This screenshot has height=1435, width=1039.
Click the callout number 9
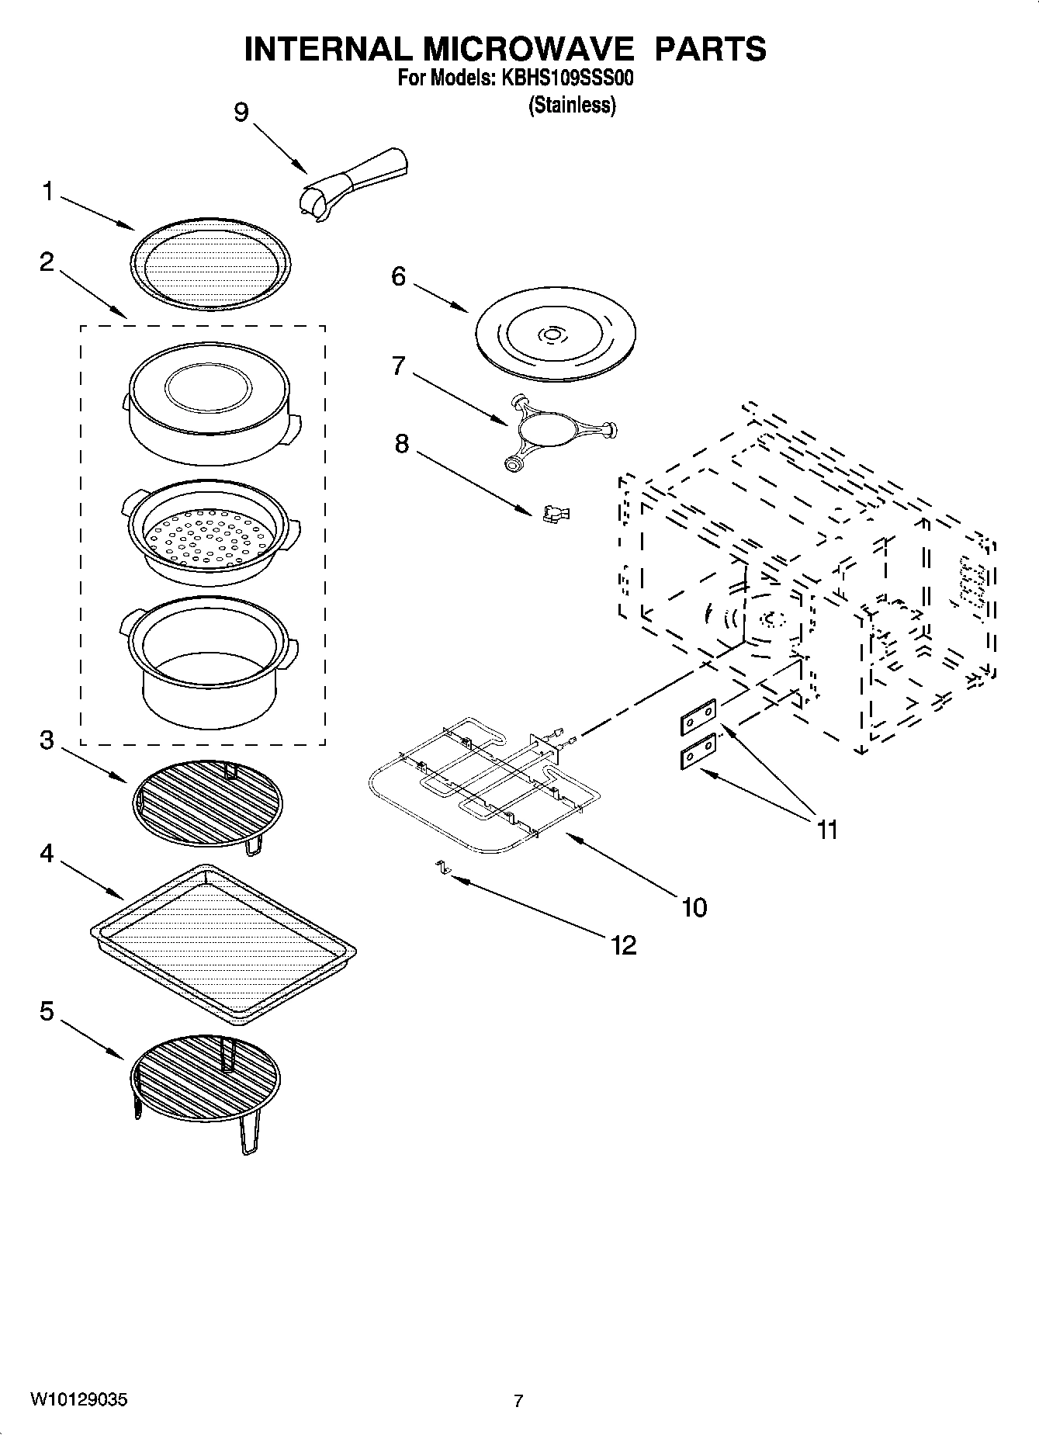pos(241,113)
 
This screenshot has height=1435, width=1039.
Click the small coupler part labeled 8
pos(556,513)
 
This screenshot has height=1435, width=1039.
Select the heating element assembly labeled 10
pos(481,784)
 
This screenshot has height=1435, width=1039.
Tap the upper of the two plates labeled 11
pos(698,719)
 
